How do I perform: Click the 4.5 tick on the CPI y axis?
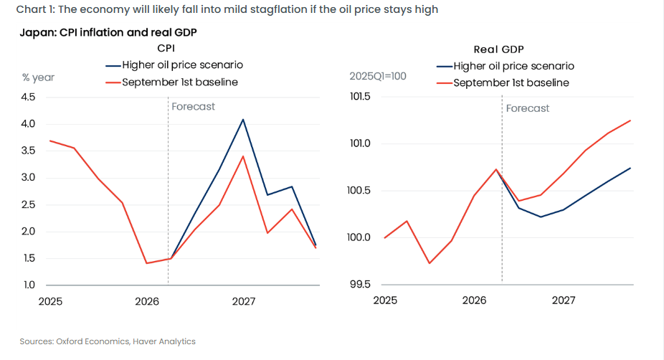29,97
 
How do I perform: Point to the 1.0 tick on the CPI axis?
29,285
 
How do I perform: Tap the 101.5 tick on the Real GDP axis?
360,97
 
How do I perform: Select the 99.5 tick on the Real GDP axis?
360,284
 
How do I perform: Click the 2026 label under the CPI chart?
147,301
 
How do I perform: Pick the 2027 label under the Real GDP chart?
564,300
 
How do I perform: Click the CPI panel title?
166,48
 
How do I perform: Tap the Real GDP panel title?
498,49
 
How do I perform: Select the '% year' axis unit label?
38,77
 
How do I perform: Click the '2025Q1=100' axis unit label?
378,76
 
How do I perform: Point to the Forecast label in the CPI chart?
193,106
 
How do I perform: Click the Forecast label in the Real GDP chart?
528,108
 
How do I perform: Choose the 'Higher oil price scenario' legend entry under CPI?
174,65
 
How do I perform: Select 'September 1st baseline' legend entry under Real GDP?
503,83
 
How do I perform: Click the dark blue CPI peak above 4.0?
243,120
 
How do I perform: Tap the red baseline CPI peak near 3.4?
243,156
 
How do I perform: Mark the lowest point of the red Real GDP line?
430,263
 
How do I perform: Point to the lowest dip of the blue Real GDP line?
541,217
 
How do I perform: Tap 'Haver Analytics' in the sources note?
164,341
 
